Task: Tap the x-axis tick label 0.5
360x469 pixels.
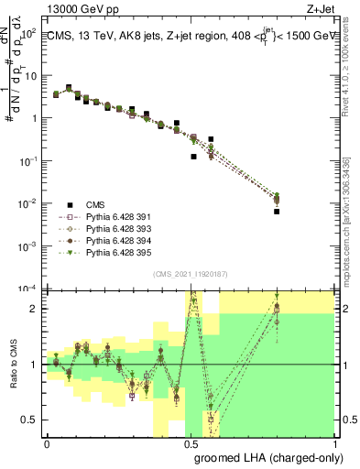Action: [x=191, y=442]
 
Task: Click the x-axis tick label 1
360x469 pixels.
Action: [x=334, y=442]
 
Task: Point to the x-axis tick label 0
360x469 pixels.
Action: [x=48, y=442]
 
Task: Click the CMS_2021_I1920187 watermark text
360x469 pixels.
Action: [x=191, y=273]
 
